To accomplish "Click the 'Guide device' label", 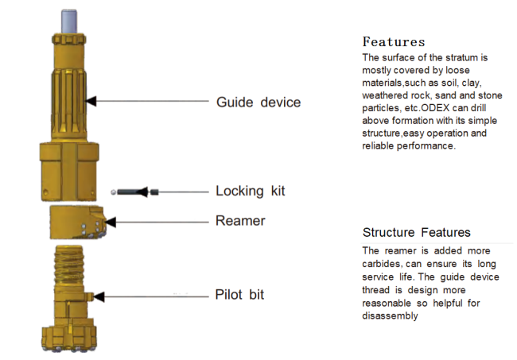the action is pyautogui.click(x=258, y=103).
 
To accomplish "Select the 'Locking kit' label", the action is pyautogui.click(x=251, y=191).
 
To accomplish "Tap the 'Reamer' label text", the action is pyautogui.click(x=240, y=221).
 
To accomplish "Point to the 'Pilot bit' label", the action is pyautogui.click(x=239, y=295).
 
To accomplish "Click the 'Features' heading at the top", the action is pyautogui.click(x=394, y=42).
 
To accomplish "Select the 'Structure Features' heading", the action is pyautogui.click(x=417, y=232).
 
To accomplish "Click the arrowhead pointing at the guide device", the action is pyautogui.click(x=91, y=101).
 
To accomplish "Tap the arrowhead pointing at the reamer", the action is pyautogui.click(x=111, y=223).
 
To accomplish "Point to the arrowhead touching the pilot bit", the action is pyautogui.click(x=99, y=296).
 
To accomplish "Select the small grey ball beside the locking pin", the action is pyautogui.click(x=114, y=192).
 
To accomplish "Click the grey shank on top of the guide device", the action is pyautogui.click(x=69, y=21).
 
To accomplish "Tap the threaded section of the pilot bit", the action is pyautogui.click(x=69, y=265).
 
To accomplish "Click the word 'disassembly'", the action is pyautogui.click(x=390, y=315).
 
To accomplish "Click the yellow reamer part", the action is pyautogui.click(x=78, y=223).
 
